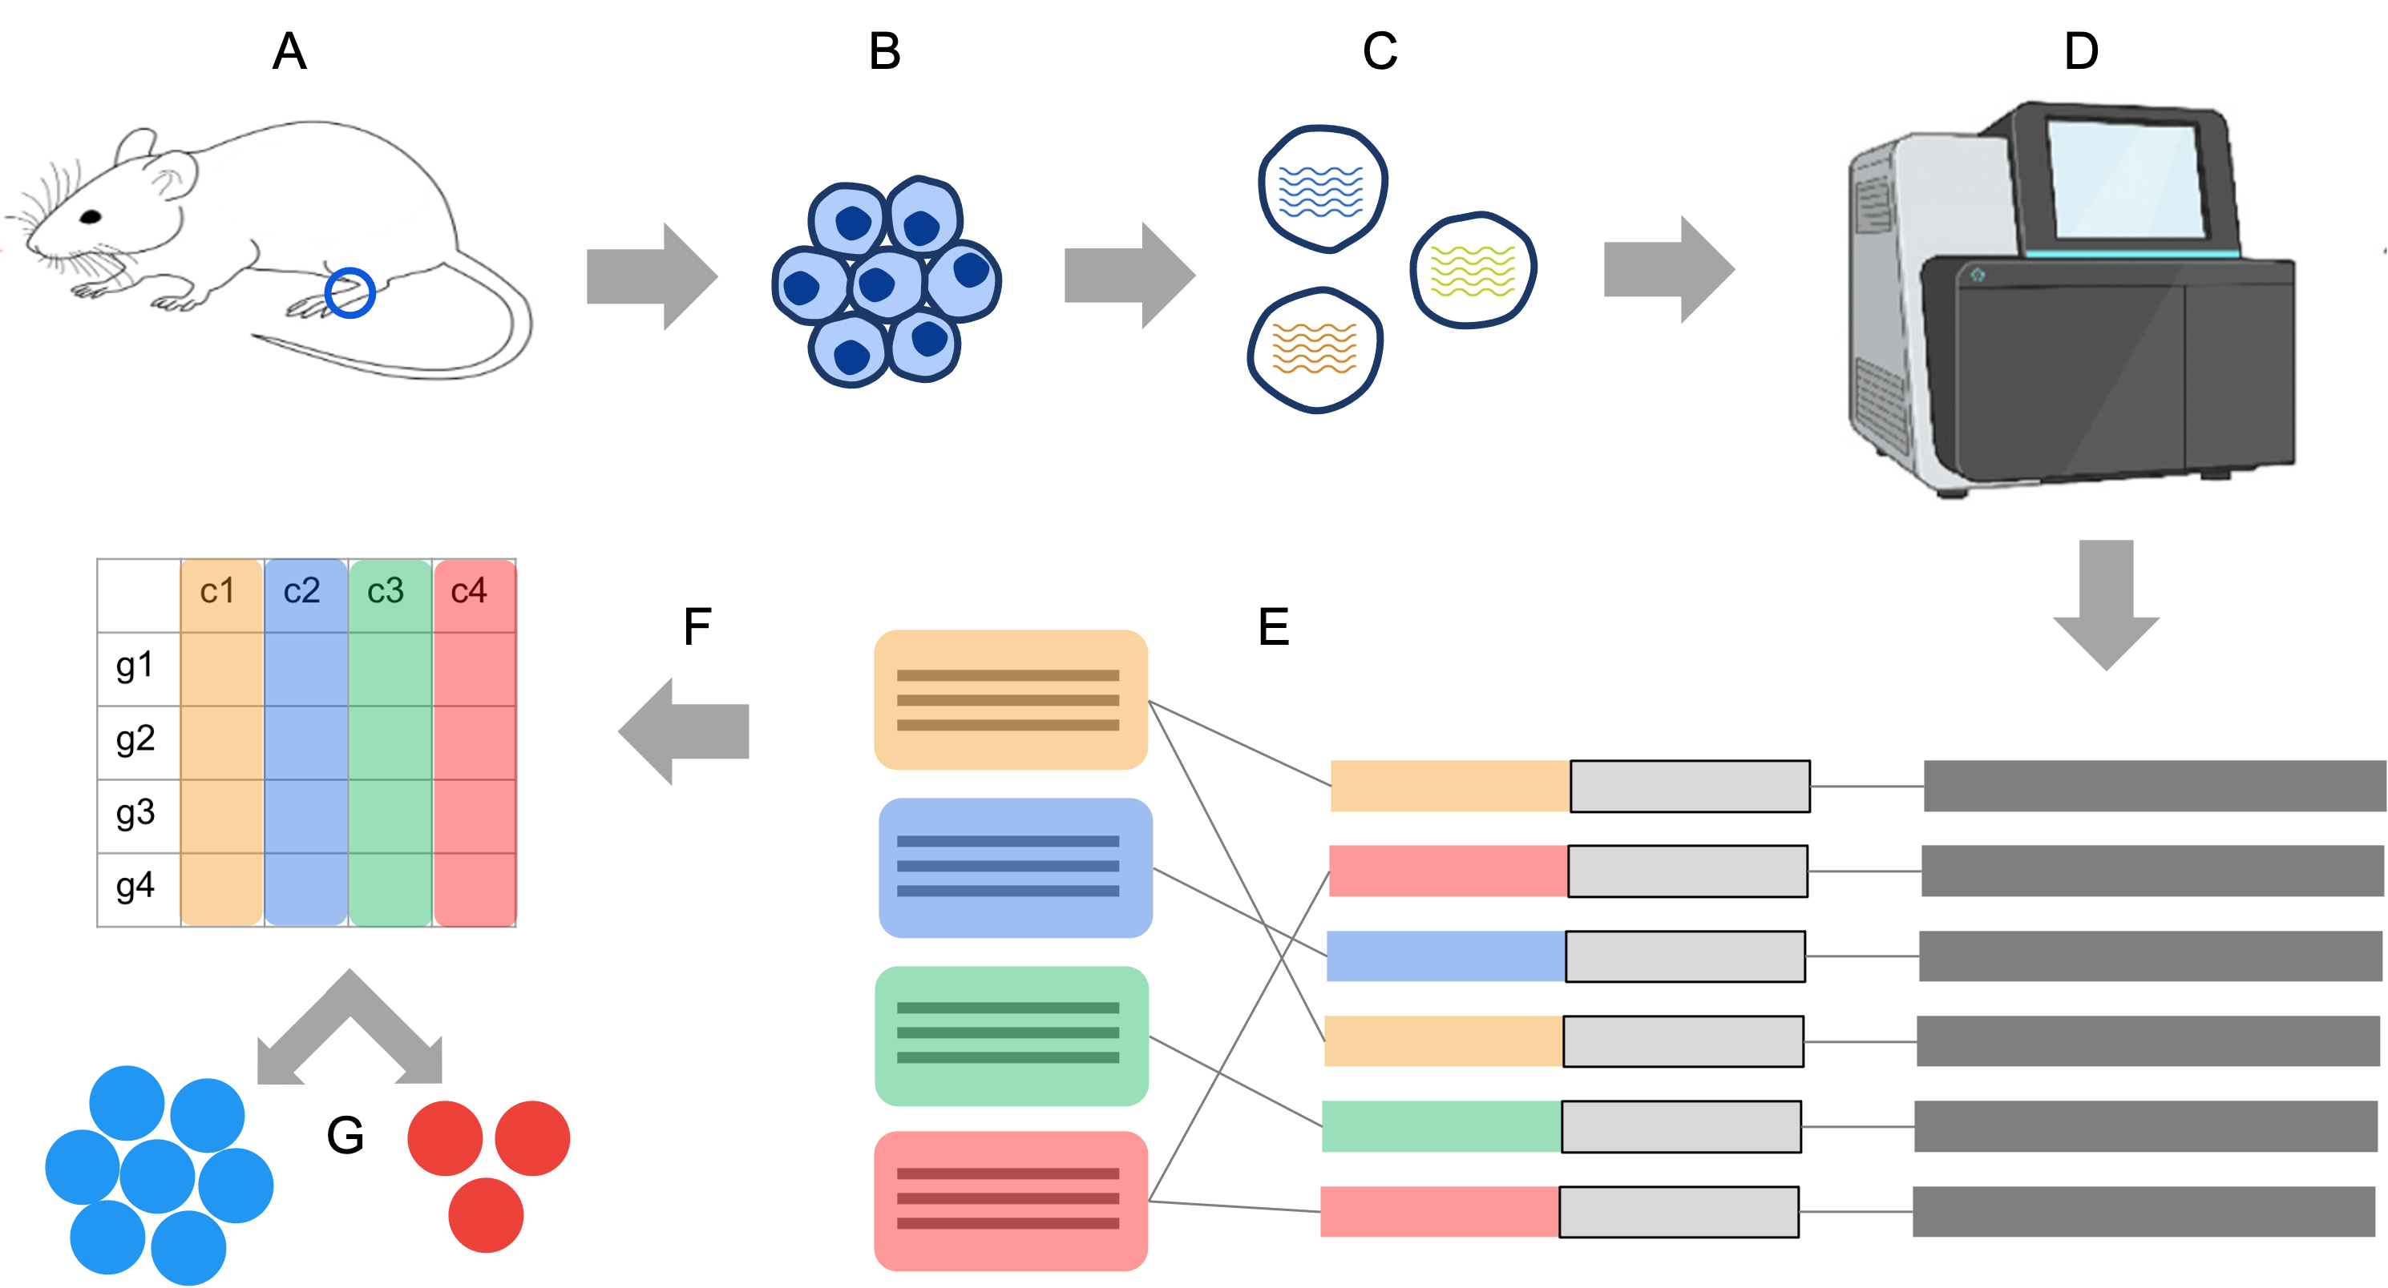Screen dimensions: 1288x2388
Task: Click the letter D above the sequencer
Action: [x=2081, y=52]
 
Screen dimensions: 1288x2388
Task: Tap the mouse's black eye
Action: [x=91, y=217]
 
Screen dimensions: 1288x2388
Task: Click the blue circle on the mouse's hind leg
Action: [x=350, y=293]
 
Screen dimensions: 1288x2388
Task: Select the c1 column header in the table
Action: [x=218, y=592]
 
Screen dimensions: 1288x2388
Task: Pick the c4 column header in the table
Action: [x=469, y=592]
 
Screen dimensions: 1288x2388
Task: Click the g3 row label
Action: [x=135, y=814]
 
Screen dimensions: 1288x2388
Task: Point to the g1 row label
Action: [x=135, y=666]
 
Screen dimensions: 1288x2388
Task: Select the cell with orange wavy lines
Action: [x=1315, y=348]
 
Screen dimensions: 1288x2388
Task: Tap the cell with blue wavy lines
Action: [x=1322, y=190]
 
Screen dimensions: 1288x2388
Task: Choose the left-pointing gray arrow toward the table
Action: [x=684, y=731]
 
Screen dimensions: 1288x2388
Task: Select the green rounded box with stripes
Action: [x=1012, y=1036]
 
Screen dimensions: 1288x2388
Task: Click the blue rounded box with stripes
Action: [x=1015, y=868]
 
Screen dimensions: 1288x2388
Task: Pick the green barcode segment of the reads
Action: [x=1440, y=1126]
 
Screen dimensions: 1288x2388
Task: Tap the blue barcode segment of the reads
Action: [x=1445, y=956]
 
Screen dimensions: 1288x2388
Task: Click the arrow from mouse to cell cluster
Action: [x=652, y=276]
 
